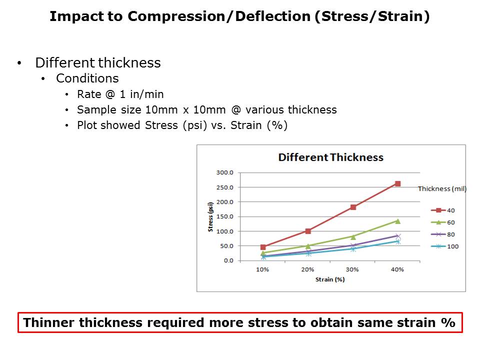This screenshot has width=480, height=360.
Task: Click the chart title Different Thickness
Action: pos(330,157)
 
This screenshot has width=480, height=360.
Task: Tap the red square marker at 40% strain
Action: pos(397,183)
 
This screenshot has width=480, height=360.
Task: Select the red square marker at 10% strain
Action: pos(263,247)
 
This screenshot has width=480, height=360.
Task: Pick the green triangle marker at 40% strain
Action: pos(397,221)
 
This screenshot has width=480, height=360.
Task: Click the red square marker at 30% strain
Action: pos(353,207)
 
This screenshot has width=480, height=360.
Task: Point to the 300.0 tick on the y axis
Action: pos(224,172)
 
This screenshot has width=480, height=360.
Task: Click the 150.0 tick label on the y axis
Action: pos(224,216)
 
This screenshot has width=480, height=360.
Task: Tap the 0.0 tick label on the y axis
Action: pos(228,260)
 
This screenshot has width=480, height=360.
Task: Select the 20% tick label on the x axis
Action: pos(307,269)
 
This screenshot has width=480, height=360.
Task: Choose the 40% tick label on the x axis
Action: pos(397,269)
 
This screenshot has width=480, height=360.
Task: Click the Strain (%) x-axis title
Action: pos(330,279)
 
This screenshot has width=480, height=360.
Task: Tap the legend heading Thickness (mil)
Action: pos(442,188)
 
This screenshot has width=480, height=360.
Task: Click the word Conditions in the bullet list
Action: pos(87,78)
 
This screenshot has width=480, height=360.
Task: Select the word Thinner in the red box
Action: pos(47,322)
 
